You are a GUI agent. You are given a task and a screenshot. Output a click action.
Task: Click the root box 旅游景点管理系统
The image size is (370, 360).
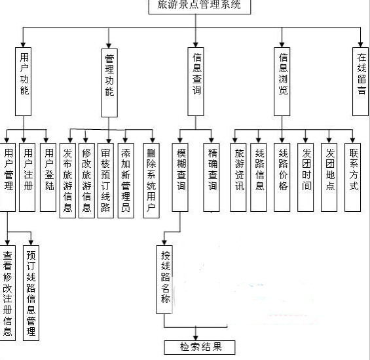click(200, 7)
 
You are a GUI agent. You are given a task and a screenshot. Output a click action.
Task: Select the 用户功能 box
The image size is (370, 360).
click(24, 81)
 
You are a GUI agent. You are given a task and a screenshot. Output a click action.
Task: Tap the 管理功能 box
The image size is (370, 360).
click(109, 83)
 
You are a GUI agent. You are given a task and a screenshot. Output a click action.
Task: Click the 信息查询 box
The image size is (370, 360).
click(196, 81)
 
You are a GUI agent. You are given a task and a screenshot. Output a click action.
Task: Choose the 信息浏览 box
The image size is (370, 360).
click(282, 81)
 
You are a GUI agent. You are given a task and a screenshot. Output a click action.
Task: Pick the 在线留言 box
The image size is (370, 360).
click(361, 81)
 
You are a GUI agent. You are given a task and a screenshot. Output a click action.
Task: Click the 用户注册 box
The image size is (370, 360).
click(27, 177)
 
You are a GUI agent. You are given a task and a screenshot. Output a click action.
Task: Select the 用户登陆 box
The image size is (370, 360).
click(48, 177)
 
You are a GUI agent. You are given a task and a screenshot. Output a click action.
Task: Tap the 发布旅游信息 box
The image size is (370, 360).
click(67, 180)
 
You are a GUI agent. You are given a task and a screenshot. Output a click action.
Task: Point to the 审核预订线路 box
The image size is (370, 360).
click(105, 180)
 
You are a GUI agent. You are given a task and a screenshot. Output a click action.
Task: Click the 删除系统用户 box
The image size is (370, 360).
click(151, 180)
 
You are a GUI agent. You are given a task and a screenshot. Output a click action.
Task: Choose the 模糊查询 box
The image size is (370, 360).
click(180, 177)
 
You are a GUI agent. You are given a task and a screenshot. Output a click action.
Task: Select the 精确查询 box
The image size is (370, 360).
click(212, 177)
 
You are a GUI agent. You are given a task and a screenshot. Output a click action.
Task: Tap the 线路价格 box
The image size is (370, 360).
click(282, 177)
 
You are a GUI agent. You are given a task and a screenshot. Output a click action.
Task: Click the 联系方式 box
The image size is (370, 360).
click(352, 177)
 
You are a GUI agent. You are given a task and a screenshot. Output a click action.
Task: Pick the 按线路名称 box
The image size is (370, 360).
click(164, 280)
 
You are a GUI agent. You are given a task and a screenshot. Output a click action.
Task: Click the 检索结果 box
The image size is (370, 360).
click(200, 348)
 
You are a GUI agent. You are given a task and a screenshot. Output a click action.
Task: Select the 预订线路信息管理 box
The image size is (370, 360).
click(31, 293)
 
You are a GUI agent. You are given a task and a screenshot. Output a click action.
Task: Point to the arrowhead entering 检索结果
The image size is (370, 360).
click(196, 338)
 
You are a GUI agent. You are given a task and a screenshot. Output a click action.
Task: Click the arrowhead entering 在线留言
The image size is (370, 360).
click(360, 45)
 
